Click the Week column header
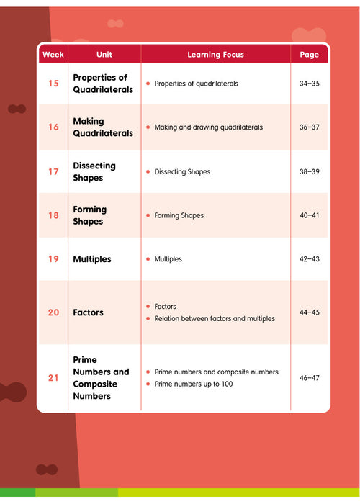coord(53,55)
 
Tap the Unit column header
coord(104,55)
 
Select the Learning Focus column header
coord(215,55)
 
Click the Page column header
coord(309,55)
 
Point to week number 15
coord(53,84)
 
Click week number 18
coord(53,215)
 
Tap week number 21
coord(53,378)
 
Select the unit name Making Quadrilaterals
coord(103,127)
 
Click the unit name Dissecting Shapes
coord(94,171)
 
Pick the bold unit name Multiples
coord(92,259)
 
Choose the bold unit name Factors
coord(88,312)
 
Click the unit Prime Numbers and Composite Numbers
coord(101,378)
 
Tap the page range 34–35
coord(309,84)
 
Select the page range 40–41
coord(309,215)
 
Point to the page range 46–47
coord(309,378)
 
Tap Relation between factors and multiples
coord(215,318)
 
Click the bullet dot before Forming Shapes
coord(148,215)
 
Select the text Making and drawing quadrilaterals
coord(209,127)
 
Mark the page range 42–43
coord(309,259)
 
